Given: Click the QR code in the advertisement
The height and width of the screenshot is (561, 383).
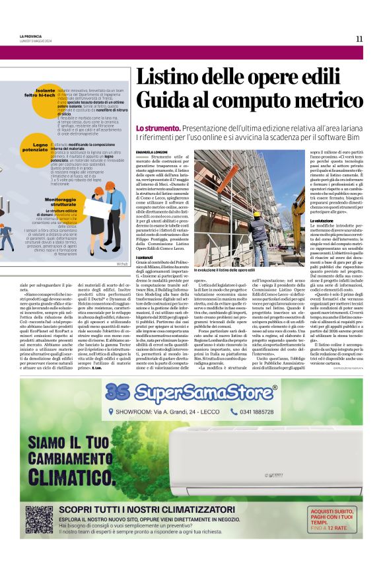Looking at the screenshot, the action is pos(39,519).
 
